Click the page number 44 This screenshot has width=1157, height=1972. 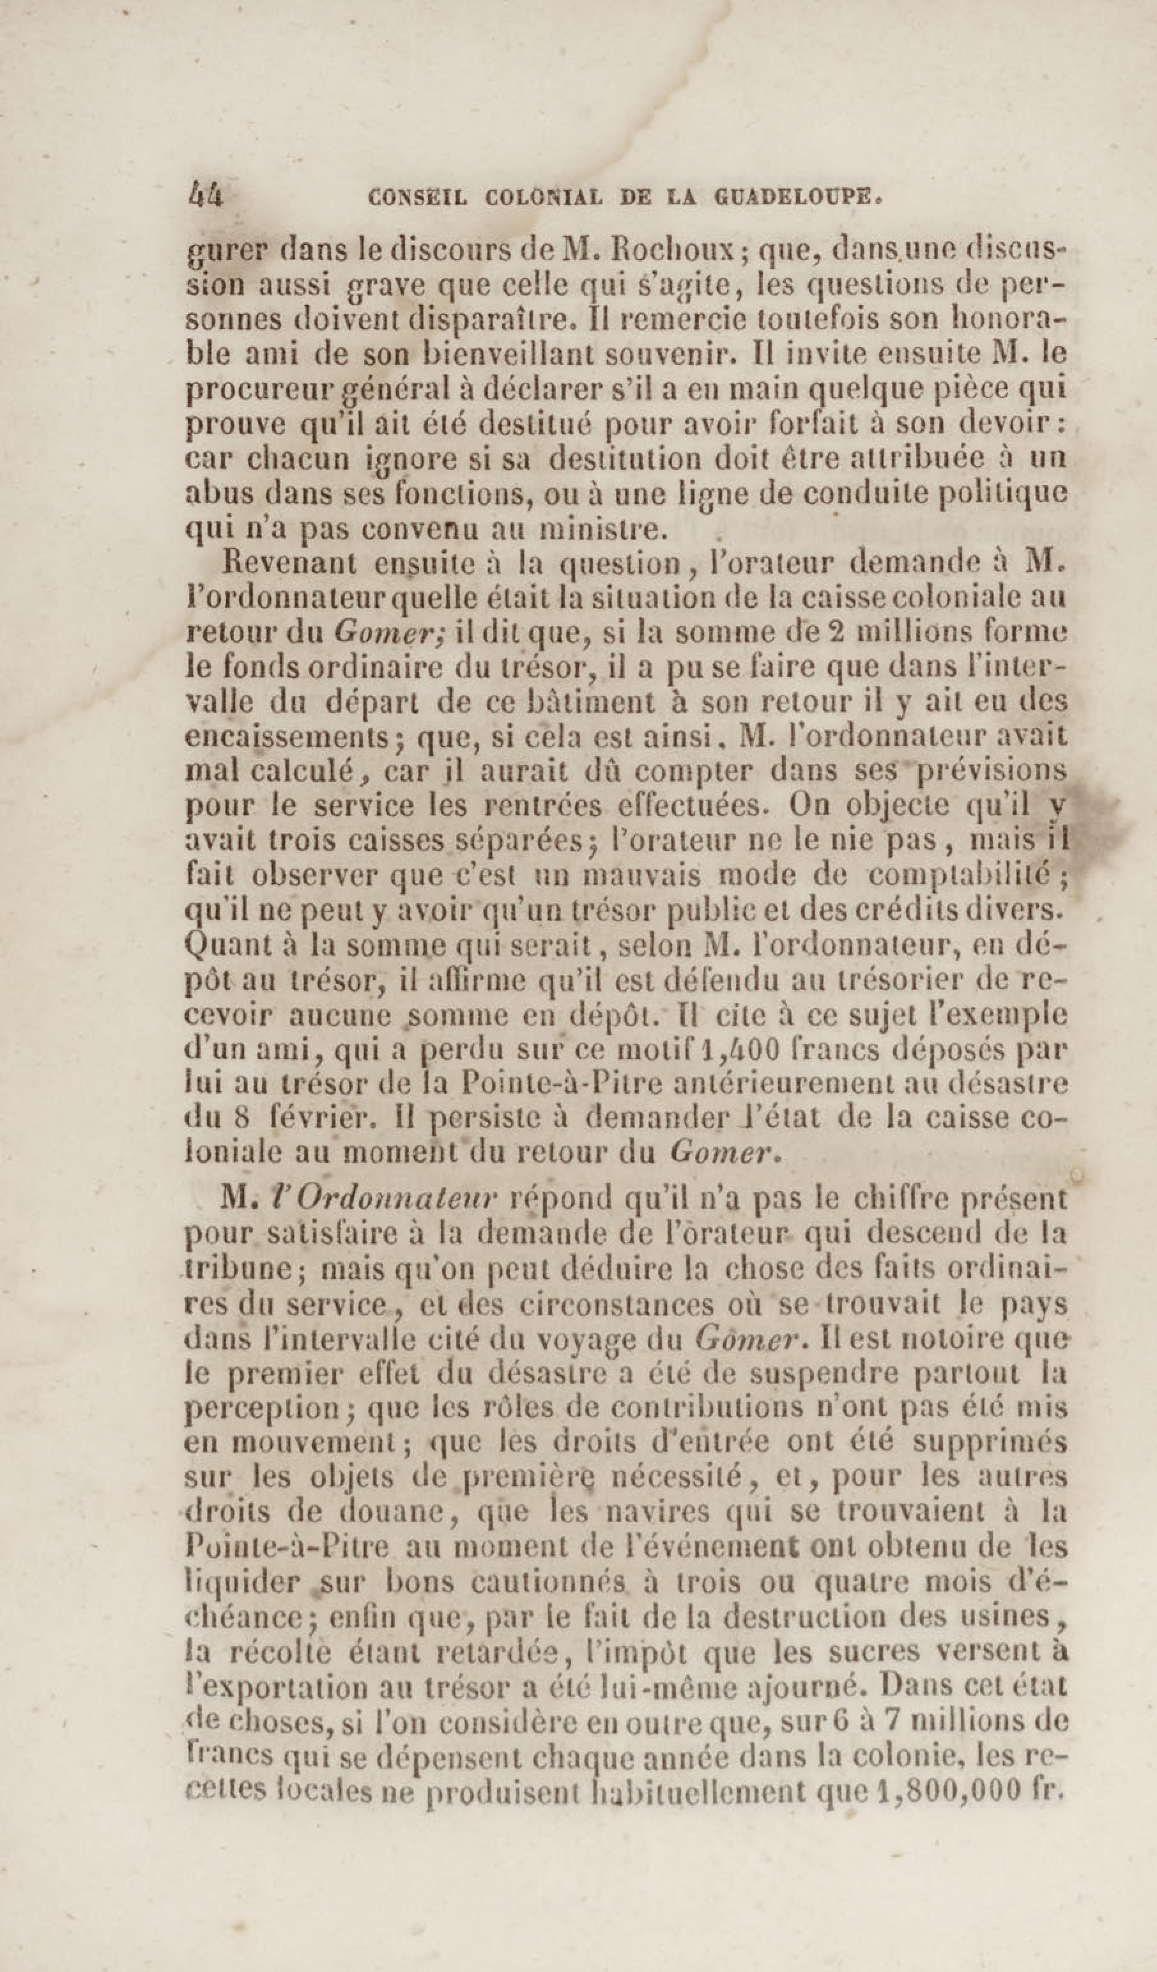point(206,194)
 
